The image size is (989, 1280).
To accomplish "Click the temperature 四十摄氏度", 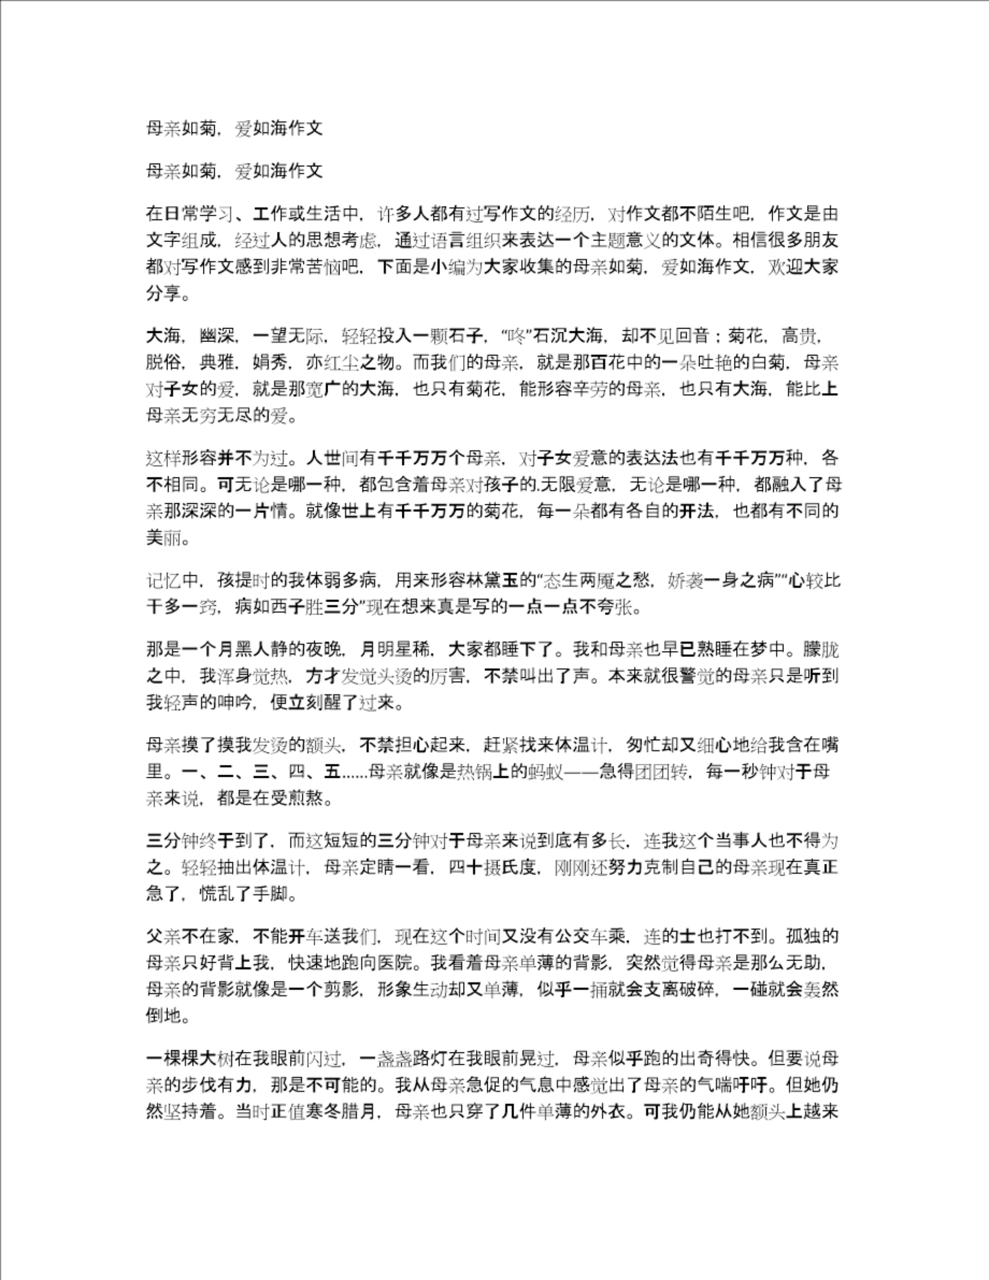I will click(x=493, y=867).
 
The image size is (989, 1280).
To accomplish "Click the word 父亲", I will click(x=164, y=936).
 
